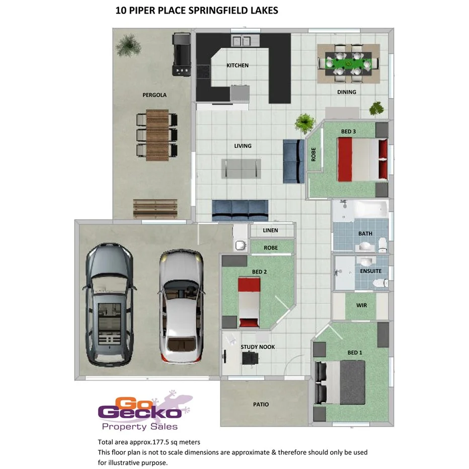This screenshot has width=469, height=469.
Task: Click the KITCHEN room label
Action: pos(237,65)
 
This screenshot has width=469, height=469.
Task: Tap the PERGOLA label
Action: pos(154,95)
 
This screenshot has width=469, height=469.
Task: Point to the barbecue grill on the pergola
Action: pos(182,54)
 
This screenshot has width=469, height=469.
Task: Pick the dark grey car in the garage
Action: pos(110,305)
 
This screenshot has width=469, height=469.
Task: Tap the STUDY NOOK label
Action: pos(258,347)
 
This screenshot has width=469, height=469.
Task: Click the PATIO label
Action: pos(261,404)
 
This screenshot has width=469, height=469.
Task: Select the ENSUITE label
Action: pos(371,271)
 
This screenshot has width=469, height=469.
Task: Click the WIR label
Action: pos(361,305)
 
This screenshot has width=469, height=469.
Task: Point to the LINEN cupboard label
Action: pos(271,230)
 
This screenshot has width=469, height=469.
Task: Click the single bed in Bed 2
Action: pos(249,302)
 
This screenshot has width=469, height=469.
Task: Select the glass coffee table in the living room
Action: pos(242,168)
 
